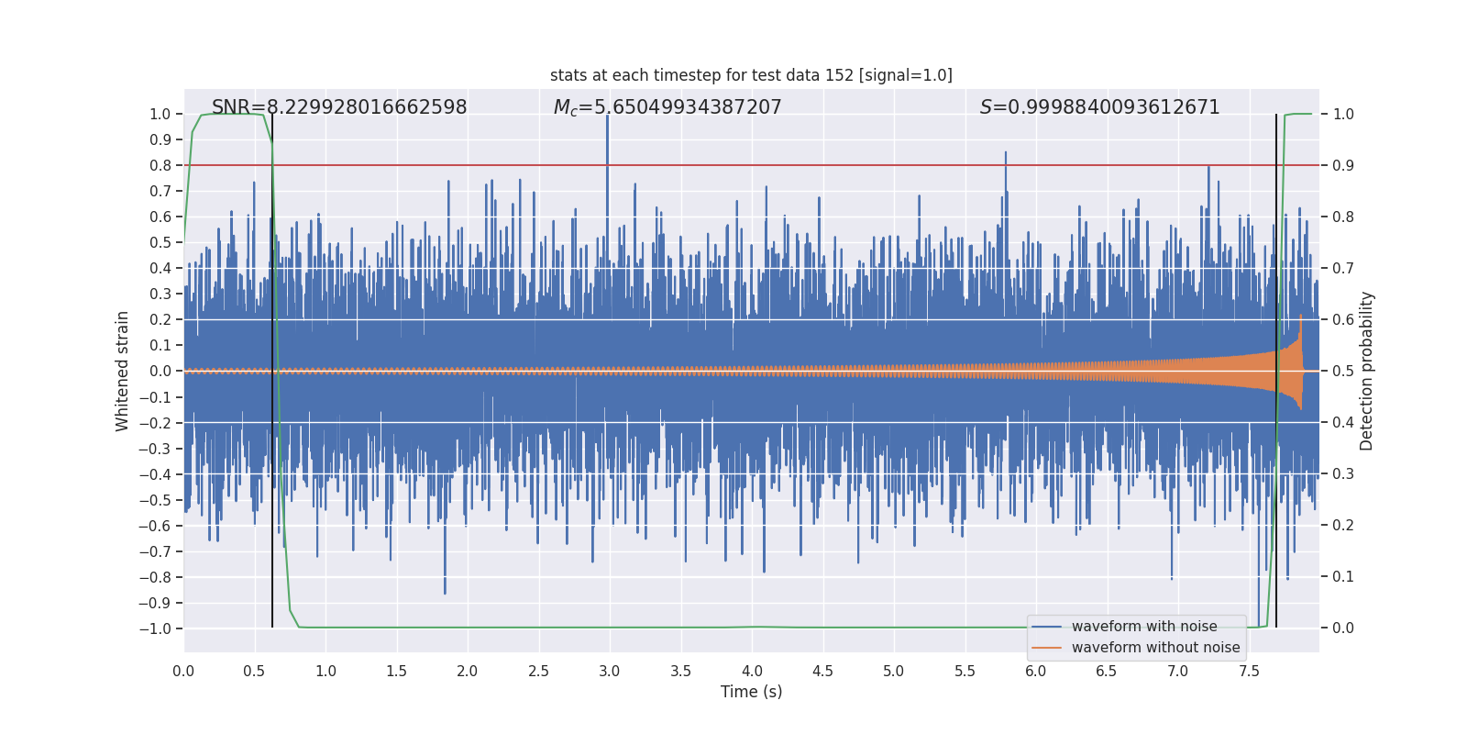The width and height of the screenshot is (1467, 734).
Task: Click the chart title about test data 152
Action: click(751, 75)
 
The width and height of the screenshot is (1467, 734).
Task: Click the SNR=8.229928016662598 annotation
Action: click(339, 107)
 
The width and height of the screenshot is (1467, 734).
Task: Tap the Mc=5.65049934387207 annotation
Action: click(667, 107)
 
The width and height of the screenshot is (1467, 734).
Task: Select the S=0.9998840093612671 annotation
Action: click(1099, 107)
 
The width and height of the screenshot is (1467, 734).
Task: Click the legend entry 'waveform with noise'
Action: click(1143, 627)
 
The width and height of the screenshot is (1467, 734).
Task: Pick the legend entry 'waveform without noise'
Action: click(1154, 648)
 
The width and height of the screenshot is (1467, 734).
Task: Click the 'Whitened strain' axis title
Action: click(122, 371)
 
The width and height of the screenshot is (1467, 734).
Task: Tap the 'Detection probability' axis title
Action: click(1366, 371)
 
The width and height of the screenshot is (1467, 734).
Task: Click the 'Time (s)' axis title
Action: click(751, 692)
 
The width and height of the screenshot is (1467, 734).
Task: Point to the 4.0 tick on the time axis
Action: click(752, 672)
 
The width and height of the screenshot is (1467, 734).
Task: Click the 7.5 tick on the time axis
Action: click(1249, 672)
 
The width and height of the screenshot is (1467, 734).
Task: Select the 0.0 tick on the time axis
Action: click(183, 672)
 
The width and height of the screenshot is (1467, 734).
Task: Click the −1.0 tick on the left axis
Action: click(155, 628)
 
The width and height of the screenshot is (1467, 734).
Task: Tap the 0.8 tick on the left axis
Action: click(160, 165)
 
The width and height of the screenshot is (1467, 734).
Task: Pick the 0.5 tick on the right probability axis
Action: click(1343, 371)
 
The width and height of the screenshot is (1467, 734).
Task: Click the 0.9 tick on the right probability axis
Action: click(1343, 165)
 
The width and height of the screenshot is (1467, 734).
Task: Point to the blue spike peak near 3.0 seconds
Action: click(607, 117)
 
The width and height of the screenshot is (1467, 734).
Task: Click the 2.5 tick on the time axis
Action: click(538, 672)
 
